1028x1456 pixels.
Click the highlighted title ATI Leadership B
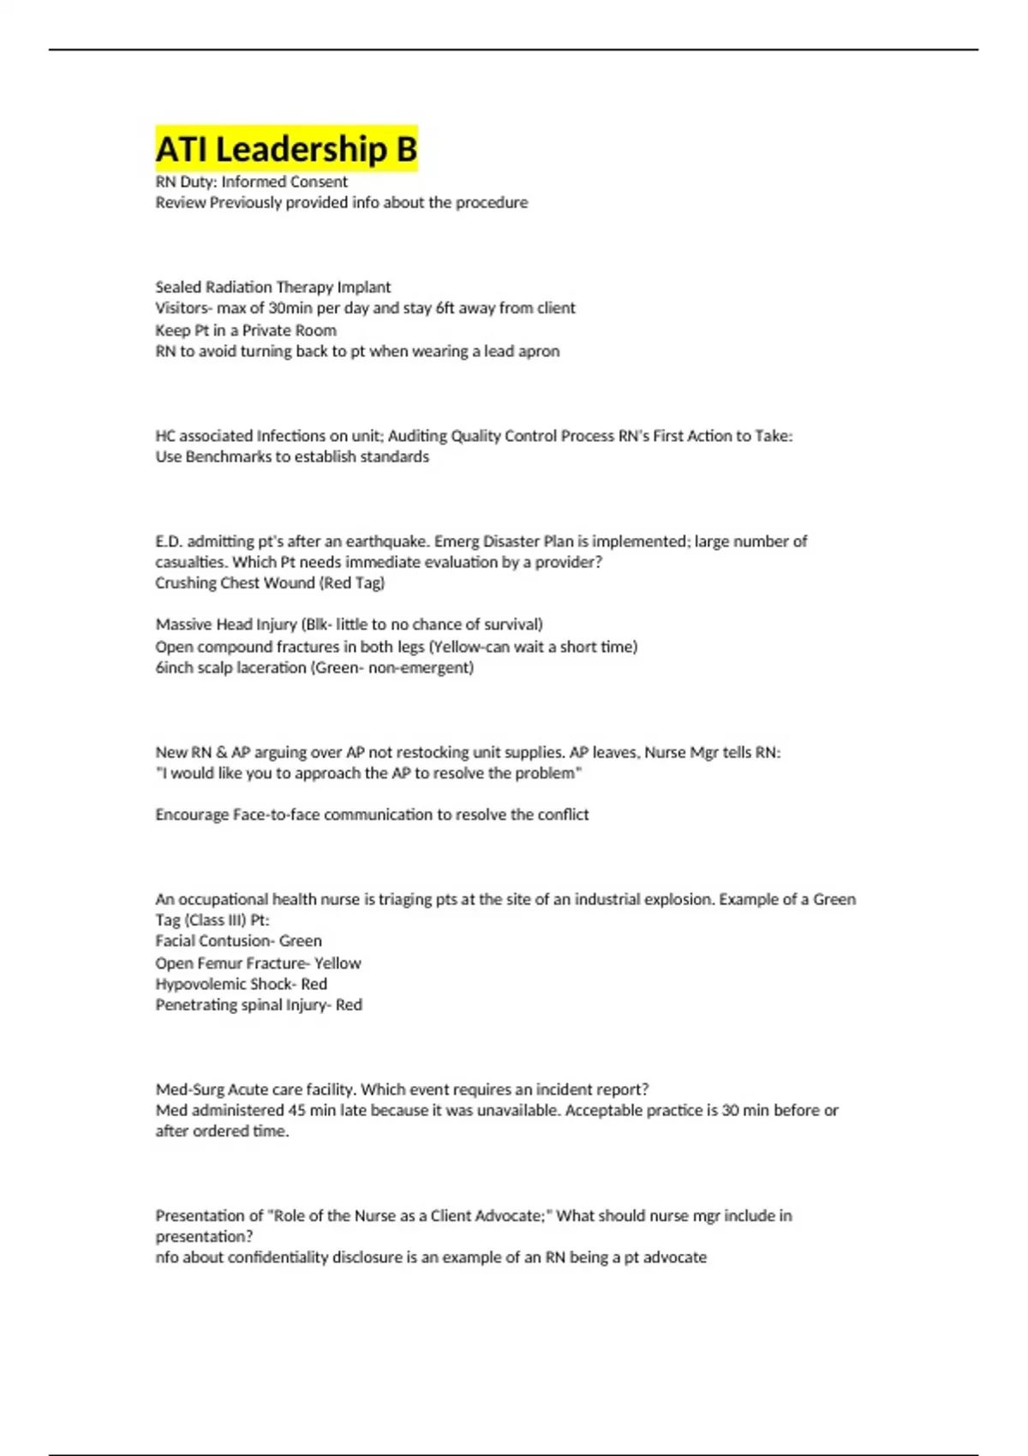pos(286,149)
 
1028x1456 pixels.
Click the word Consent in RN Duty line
pos(320,182)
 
